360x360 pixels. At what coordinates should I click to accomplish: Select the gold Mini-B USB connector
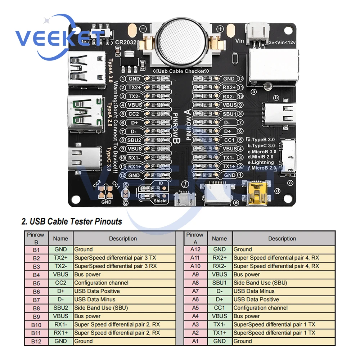(x=257, y=194)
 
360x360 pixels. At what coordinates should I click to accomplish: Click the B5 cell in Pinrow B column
(x=36, y=283)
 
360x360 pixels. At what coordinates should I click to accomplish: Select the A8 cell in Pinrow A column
(x=195, y=283)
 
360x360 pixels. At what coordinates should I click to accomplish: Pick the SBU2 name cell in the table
(x=60, y=308)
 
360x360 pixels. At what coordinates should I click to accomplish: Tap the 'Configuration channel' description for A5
(x=261, y=308)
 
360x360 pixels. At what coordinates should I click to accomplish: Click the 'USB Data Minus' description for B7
(x=95, y=300)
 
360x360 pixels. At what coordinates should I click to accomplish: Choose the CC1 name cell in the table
(x=219, y=308)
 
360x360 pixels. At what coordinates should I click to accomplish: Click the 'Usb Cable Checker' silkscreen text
(x=179, y=71)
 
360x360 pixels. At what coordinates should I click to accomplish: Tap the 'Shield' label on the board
(x=160, y=201)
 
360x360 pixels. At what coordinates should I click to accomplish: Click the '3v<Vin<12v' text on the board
(x=282, y=42)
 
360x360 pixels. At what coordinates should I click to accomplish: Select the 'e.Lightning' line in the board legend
(x=261, y=162)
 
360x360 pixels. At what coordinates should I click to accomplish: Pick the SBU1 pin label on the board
(x=229, y=114)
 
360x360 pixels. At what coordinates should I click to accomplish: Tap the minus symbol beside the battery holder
(x=143, y=28)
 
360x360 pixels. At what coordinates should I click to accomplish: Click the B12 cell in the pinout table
(x=36, y=341)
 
